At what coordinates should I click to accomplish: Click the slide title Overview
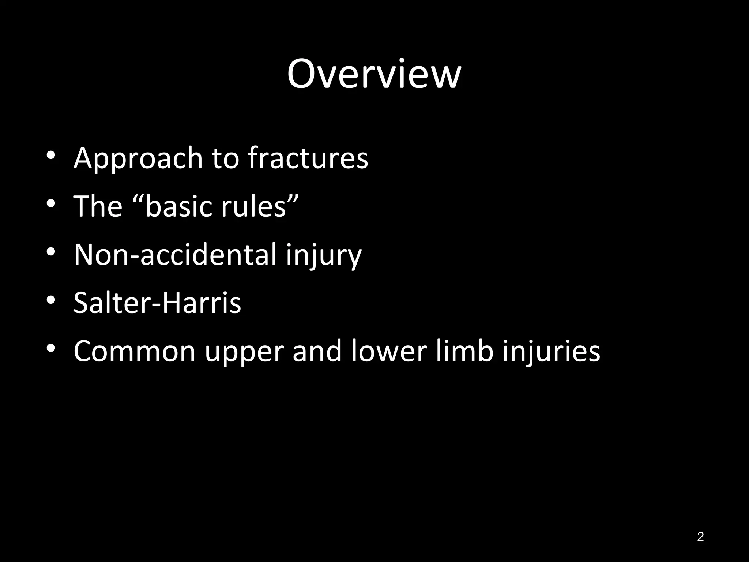[x=374, y=74]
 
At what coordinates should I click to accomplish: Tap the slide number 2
[x=700, y=536]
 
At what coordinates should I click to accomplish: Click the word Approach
[x=138, y=158]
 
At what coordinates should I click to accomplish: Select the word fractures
[x=308, y=158]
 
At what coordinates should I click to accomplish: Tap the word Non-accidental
[x=175, y=254]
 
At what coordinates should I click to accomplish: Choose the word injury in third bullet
[x=324, y=255]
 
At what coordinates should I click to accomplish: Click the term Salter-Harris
[x=157, y=303]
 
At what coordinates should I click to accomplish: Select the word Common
[x=135, y=351]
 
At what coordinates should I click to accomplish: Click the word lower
[x=388, y=351]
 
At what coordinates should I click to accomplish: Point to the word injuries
[x=551, y=351]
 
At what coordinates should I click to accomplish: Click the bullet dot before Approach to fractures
[x=51, y=156]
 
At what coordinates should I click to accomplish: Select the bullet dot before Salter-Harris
[x=51, y=300]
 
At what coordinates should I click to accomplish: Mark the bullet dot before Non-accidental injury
[x=51, y=252]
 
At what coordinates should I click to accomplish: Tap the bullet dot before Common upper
[x=51, y=348]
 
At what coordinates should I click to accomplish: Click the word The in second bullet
[x=98, y=206]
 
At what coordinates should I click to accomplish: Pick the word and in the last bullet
[x=317, y=351]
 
